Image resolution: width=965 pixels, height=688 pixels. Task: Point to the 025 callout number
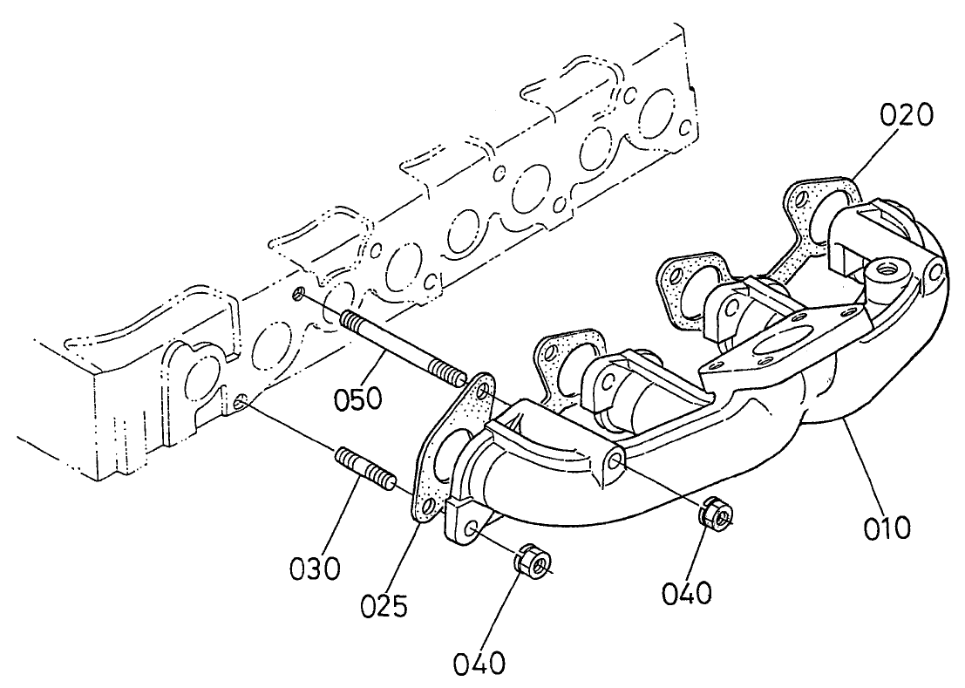384,603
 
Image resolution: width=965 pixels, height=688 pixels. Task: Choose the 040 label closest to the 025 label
479,664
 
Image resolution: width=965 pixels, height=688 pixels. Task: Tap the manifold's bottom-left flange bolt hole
471,529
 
